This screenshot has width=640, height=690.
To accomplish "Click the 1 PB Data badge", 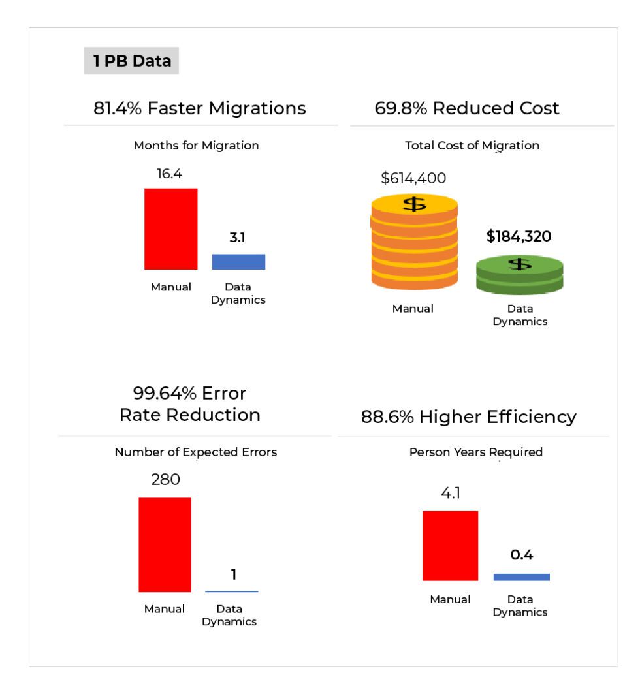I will click(131, 61).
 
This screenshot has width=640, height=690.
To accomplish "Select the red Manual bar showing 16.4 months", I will click(170, 228).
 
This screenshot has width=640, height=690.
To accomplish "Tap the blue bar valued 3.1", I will click(238, 262).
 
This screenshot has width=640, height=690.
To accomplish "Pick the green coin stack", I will click(519, 275).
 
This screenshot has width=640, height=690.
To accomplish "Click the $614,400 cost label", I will click(413, 178).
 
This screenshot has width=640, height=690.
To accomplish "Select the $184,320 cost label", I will click(519, 236).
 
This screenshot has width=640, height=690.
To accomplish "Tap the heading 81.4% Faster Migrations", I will click(199, 108).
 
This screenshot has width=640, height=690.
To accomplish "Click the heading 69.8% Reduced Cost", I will click(467, 108).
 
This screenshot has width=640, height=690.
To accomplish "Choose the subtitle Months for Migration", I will click(196, 146).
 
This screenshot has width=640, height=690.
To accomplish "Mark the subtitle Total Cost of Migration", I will click(472, 146).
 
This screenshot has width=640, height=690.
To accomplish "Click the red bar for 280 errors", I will click(165, 544).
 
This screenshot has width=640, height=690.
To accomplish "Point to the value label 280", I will click(165, 480).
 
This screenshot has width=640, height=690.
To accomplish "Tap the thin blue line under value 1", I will click(232, 591).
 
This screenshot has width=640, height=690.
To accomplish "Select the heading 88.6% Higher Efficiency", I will click(468, 417).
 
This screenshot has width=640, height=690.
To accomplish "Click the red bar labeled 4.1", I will click(450, 546).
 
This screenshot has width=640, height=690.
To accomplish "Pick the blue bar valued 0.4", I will click(521, 577).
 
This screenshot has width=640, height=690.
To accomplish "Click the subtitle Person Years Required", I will click(475, 452).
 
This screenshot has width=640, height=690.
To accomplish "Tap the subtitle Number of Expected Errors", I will click(195, 452).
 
